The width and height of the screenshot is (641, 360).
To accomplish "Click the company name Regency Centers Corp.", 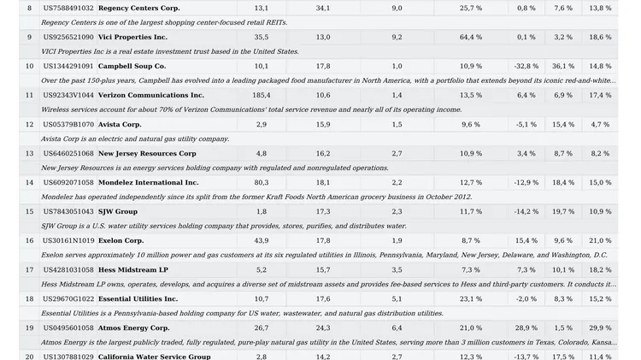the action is [139, 9].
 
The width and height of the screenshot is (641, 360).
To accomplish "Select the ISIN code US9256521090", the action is [68, 38].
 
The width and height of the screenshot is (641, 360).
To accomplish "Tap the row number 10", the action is [29, 67].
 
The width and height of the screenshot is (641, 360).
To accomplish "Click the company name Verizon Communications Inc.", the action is [150, 95].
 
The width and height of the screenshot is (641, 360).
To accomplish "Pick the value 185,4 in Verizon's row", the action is [262, 95].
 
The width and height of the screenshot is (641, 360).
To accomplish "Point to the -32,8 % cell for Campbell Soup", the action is [526, 67].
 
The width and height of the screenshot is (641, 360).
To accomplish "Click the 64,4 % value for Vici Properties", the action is [471, 38].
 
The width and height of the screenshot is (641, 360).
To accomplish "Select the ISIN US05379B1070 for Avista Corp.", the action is [68, 124].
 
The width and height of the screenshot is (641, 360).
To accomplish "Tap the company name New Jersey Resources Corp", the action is [147, 153].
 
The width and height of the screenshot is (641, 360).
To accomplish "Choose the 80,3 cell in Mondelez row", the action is [262, 182].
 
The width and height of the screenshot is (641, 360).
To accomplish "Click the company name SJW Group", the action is [118, 211].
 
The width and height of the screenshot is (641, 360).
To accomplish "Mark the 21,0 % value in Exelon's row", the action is [600, 240].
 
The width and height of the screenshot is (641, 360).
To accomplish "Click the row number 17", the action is [29, 270].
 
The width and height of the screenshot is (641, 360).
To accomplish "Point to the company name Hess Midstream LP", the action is [133, 270].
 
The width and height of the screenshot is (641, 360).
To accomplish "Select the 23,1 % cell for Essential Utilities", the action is [471, 299].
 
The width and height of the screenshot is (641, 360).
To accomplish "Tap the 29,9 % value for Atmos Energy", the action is [600, 328].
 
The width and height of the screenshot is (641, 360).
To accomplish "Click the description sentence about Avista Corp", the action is [135, 139].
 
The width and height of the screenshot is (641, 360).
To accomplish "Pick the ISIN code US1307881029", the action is [68, 357].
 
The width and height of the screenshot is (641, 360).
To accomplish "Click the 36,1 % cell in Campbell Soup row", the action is [563, 67].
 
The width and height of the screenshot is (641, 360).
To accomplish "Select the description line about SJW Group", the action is [224, 227].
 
